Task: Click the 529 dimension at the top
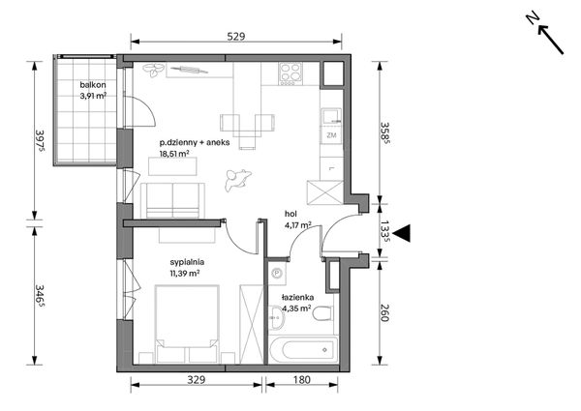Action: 236,36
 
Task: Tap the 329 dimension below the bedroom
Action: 196,379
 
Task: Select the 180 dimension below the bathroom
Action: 301,379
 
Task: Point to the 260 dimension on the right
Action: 384,312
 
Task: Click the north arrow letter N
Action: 533,18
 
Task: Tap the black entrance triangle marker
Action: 401,233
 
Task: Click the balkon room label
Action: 93,85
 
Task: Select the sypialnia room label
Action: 187,262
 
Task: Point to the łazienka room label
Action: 297,297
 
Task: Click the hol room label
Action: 290,214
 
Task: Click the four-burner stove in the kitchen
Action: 290,73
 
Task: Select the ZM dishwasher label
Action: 331,135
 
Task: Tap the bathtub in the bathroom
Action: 303,349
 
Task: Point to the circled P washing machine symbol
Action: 277,274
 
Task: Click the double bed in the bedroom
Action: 187,324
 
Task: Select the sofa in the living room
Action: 172,201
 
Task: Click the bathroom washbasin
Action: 276,317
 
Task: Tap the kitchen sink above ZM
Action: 331,116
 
